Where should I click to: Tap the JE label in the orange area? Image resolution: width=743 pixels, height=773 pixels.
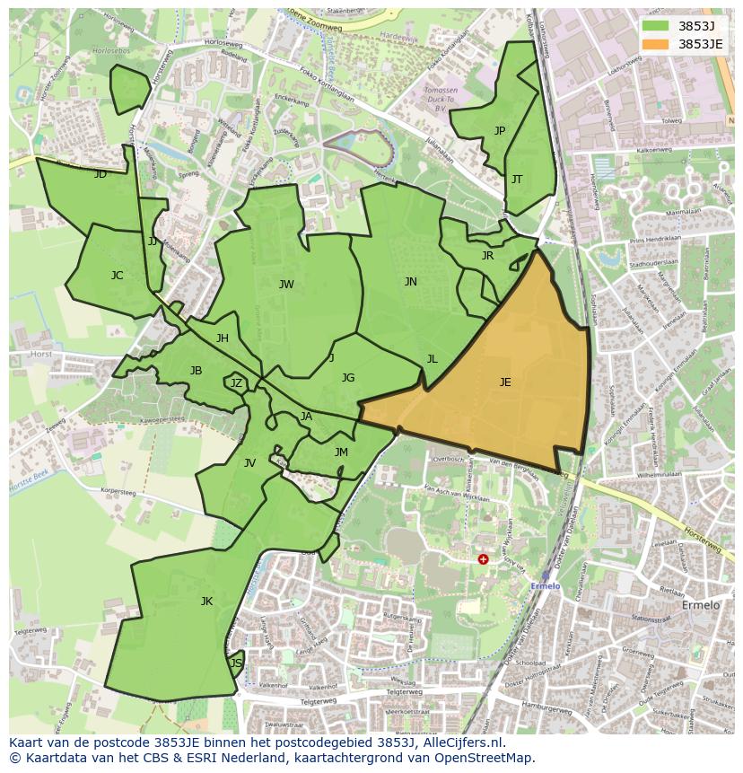[x=505, y=382]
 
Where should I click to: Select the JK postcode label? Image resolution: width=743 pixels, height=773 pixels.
[x=206, y=602]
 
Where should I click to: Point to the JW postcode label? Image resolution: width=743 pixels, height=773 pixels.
[x=286, y=285]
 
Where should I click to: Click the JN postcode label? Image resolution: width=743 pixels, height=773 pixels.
[x=410, y=282]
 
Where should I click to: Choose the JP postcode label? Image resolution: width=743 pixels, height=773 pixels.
[x=500, y=131]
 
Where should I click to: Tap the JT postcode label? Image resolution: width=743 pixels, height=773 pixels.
[x=517, y=180]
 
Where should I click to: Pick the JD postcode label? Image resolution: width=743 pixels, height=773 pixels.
[x=101, y=174]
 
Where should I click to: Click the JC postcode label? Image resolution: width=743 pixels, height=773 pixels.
[x=117, y=276]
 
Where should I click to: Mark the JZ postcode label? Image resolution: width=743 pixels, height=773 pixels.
[x=236, y=383]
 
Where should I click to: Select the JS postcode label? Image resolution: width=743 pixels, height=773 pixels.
[x=236, y=663]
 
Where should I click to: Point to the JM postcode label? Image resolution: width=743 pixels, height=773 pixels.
[x=341, y=452]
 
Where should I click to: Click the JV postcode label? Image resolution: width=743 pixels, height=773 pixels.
[x=249, y=463]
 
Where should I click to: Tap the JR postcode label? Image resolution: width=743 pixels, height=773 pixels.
[x=487, y=256]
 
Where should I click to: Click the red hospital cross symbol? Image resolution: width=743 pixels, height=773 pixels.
[x=483, y=558]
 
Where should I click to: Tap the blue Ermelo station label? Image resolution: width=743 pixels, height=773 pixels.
[x=546, y=586]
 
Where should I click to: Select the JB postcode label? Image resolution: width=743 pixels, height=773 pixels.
[x=196, y=371]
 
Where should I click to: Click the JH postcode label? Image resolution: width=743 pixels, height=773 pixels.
[x=223, y=338]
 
